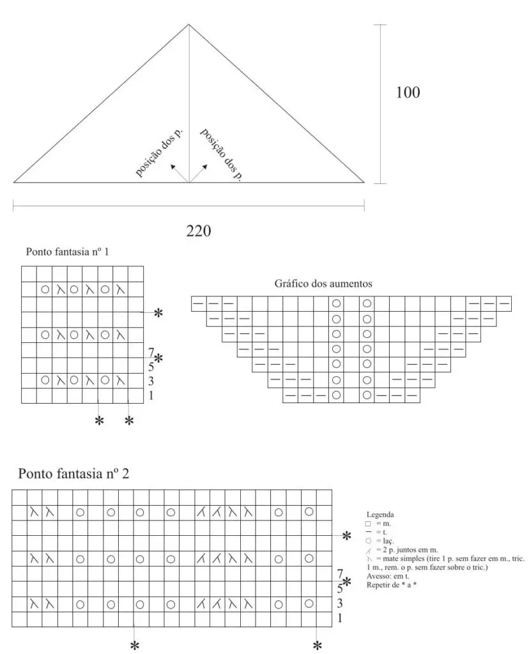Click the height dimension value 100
tap(408, 93)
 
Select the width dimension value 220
tap(199, 230)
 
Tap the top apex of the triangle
tap(188, 25)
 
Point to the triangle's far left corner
tap(14, 183)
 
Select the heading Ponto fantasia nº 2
tap(75, 474)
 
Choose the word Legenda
tap(379, 514)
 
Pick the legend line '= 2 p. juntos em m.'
tap(404, 549)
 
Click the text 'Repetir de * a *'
tap(392, 584)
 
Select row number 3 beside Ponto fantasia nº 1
tap(151, 381)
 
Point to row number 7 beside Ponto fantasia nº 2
tap(341, 574)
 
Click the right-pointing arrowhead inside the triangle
tap(206, 165)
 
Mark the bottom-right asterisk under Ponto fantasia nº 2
tap(317, 646)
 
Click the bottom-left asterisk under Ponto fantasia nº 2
tap(135, 646)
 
